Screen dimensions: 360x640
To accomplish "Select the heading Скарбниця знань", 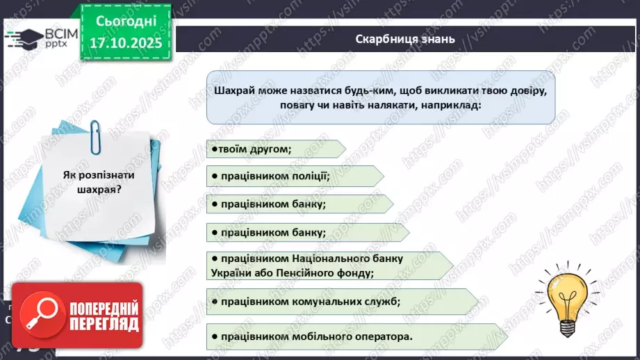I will (x=404, y=39).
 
